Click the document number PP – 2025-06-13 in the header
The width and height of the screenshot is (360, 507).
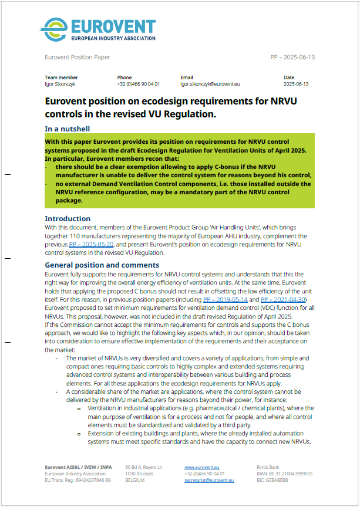tap(292, 58)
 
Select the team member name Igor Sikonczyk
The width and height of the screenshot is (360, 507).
tap(61, 84)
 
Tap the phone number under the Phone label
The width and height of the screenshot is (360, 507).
tap(138, 84)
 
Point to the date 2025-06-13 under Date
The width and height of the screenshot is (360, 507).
tap(296, 84)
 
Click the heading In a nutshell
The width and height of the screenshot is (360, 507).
tap(67, 128)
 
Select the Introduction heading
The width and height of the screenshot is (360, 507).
tap(68, 219)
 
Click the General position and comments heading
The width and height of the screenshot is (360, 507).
tap(102, 265)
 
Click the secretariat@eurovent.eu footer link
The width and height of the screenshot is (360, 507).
tap(208, 480)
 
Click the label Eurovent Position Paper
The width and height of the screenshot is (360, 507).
tap(77, 58)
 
